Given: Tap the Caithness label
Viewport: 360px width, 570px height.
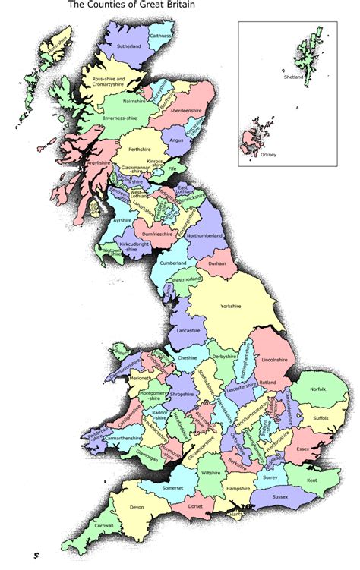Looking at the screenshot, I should pos(160,36).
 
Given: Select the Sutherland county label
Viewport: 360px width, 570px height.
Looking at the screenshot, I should pos(128,47).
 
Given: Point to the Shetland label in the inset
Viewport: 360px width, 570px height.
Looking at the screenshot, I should pos(293,77).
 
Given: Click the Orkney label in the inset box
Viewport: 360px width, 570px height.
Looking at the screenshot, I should pos(267,156).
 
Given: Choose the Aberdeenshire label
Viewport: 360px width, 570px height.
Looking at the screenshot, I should pos(185,111).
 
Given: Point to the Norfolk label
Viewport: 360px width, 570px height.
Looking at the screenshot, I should pos(317,390).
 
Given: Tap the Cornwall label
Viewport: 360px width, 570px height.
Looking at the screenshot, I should pos(105,526).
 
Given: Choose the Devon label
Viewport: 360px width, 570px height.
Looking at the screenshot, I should pos(137,507).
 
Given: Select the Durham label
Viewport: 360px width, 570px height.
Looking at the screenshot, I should pos(217,263).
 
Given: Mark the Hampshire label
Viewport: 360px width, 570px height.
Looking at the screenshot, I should pos(238,490).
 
